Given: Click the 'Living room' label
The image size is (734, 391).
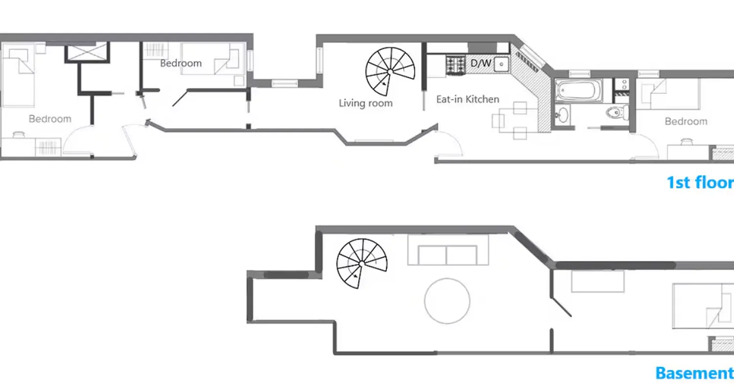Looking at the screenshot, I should pos(366,103).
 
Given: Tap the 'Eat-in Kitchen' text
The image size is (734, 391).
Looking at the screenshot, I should pos(467,99).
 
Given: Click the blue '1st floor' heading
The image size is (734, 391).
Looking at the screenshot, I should pos(700,182).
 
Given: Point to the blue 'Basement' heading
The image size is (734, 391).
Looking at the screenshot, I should pos(694,373).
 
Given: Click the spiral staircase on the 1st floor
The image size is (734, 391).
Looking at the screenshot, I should pos(390,72).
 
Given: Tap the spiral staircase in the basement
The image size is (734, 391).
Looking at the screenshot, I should pos(362,263).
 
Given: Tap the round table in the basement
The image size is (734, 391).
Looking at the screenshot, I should pos(447,301).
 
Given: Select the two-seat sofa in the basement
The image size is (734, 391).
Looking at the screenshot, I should pos(448,251).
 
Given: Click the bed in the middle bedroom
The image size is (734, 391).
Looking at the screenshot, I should pos(213,59).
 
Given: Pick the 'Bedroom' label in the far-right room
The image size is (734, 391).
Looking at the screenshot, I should pos(686,121).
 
